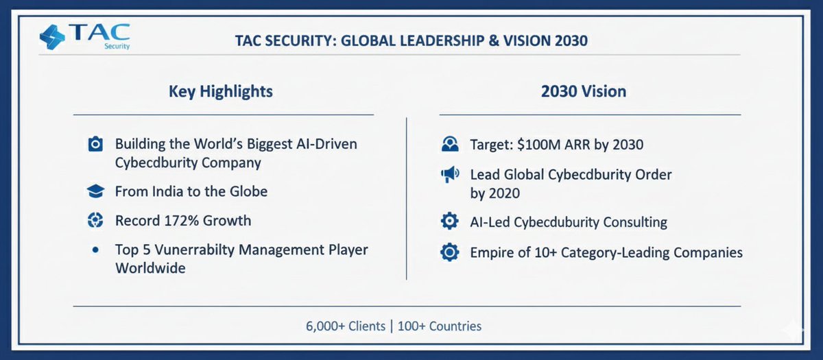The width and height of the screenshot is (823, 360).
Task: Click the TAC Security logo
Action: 84,37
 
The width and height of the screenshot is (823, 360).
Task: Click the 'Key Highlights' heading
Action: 220,91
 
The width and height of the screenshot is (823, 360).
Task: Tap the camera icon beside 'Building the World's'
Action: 95,145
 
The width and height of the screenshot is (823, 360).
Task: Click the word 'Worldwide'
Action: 150,267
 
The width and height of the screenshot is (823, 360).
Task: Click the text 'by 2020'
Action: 494,193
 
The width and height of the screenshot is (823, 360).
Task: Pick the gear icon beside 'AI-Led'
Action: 449,222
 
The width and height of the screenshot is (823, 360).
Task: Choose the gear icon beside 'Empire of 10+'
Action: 449,252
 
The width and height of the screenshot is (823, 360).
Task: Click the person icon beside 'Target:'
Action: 449,145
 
